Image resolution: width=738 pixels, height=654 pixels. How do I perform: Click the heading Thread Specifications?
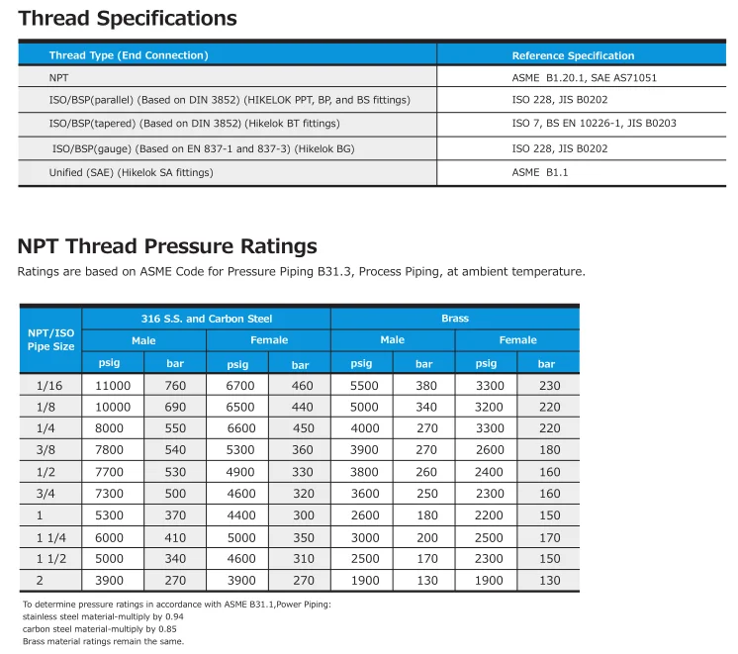(128, 19)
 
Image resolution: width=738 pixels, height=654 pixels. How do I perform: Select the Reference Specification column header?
(573, 55)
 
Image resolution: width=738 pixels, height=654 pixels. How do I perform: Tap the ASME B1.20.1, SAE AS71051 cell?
(584, 77)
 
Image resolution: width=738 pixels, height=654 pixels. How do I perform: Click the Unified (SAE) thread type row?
(131, 172)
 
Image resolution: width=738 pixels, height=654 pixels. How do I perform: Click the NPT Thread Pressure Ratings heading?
(167, 246)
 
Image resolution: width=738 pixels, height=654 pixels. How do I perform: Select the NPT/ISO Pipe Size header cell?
(50, 339)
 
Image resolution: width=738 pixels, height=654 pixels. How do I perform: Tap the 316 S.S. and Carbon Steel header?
(206, 319)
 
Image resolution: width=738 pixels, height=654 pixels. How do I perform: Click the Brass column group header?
(455, 319)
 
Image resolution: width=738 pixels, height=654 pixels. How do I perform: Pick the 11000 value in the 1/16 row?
(113, 386)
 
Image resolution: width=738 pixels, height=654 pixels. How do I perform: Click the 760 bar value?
(175, 386)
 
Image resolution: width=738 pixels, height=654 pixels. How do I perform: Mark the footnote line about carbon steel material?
(101, 629)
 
